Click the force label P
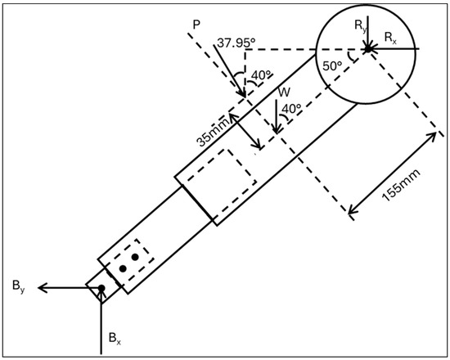click(196, 25)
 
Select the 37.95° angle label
click(236, 43)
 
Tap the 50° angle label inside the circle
click(332, 66)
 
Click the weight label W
click(284, 92)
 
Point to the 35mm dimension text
click(214, 133)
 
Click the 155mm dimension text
click(402, 185)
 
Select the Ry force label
click(361, 27)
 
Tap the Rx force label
click(390, 38)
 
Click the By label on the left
click(19, 286)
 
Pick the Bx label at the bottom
click(115, 339)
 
